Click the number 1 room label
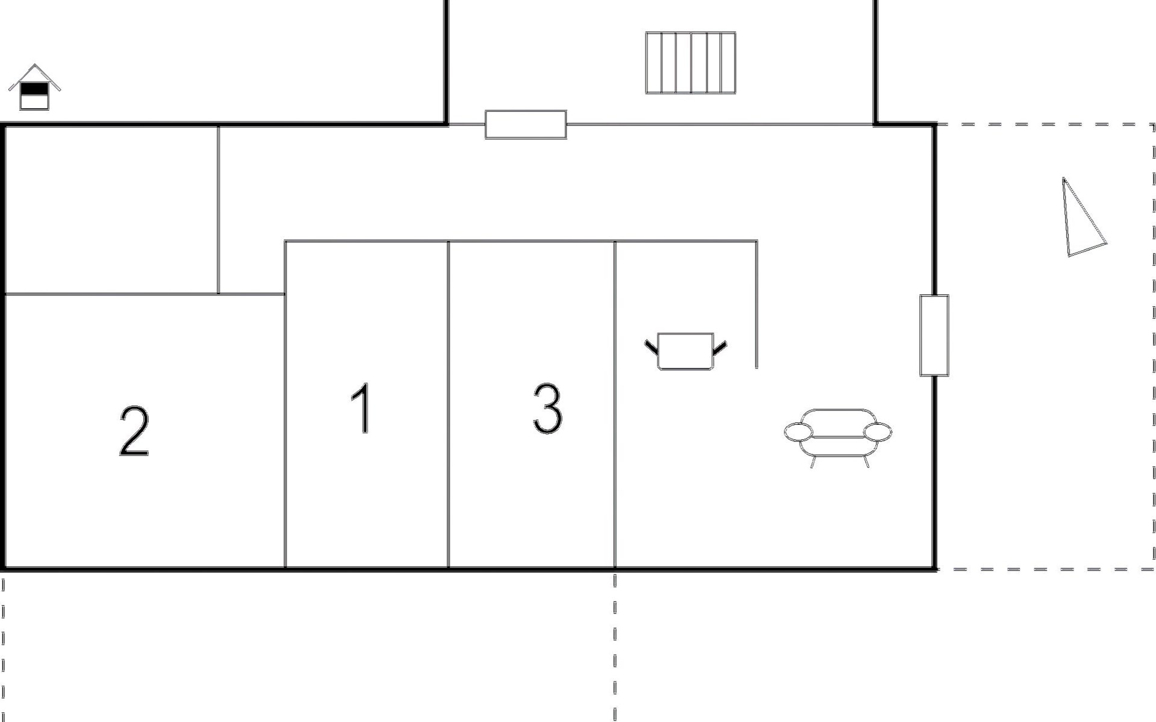(362, 409)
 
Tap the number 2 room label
(134, 431)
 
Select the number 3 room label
(547, 409)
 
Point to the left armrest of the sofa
(798, 431)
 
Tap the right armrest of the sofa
(878, 431)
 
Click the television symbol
(686, 351)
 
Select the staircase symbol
(691, 63)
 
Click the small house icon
(35, 87)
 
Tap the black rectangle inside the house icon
(34, 89)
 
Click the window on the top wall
(526, 125)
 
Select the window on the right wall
(934, 335)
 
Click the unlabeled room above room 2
(111, 209)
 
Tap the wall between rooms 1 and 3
(449, 404)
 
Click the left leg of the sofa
(813, 461)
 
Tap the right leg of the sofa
(866, 461)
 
